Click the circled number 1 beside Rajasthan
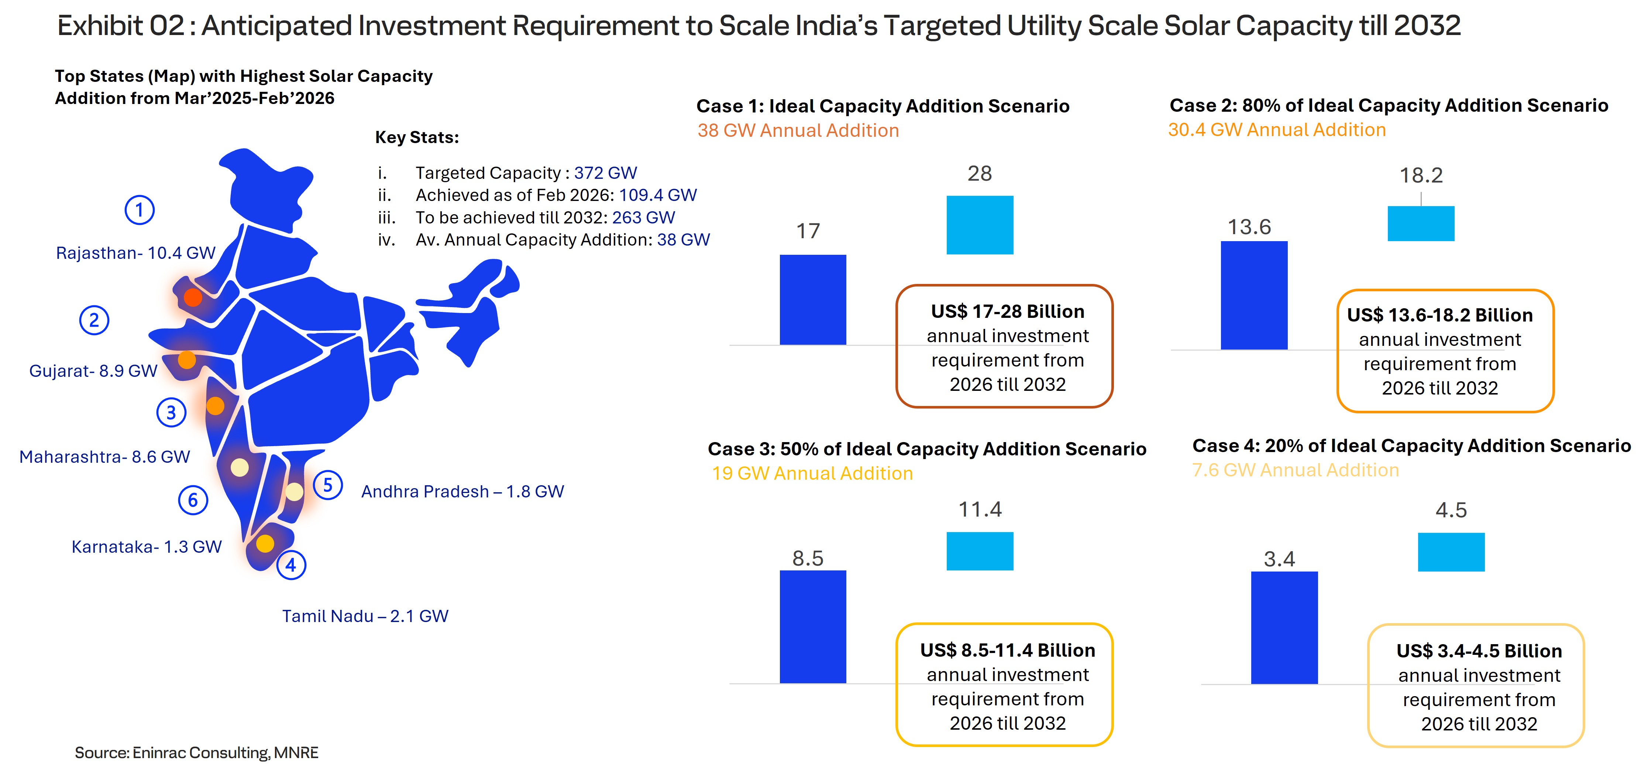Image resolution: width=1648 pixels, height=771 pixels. (x=140, y=210)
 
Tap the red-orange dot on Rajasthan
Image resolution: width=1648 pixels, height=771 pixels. (x=193, y=297)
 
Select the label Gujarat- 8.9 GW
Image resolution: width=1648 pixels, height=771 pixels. (x=93, y=371)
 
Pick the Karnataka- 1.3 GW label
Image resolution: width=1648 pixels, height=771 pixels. (x=147, y=546)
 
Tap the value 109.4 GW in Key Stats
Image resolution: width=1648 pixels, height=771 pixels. (x=658, y=195)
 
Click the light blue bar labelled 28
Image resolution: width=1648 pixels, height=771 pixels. (x=980, y=225)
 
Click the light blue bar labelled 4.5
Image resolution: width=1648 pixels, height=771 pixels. (x=1451, y=552)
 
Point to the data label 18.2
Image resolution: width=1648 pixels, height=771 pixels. (x=1421, y=175)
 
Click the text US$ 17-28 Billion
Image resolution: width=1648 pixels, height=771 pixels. (x=1008, y=311)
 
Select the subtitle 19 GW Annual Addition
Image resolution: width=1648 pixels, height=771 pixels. (x=812, y=473)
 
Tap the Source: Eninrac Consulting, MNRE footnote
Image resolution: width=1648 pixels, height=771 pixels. (x=196, y=753)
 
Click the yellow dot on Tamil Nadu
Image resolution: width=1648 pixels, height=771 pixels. (x=265, y=543)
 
